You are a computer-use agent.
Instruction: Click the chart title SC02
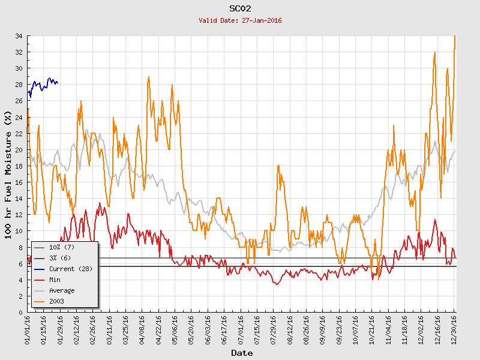click(x=240, y=8)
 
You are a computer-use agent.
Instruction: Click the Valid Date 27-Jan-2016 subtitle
click(x=240, y=20)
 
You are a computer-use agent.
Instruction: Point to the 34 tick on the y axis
click(x=19, y=36)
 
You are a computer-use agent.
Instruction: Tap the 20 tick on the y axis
click(x=19, y=150)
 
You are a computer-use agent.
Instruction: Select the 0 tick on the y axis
click(x=21, y=313)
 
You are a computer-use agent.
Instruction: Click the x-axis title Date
click(x=242, y=353)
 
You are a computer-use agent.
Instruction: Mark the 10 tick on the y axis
click(x=19, y=231)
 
